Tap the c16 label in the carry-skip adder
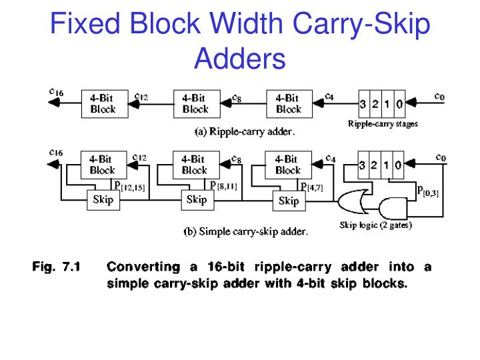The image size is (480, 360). click(56, 153)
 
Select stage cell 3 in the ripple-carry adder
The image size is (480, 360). click(362, 104)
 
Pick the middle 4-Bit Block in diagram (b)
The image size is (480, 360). click(195, 165)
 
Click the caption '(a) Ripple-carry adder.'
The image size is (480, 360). click(245, 132)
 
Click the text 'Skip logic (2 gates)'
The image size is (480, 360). click(375, 225)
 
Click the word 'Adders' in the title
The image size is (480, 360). click(239, 59)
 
